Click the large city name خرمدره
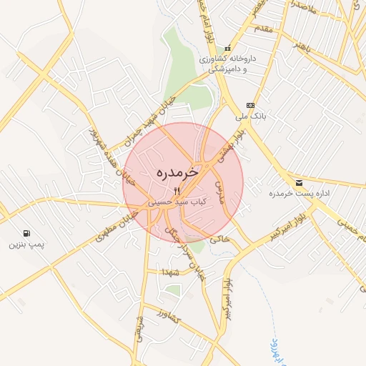[x=178, y=173]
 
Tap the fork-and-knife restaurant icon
[x=178, y=191]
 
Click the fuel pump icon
[x=27, y=233]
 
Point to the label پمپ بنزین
[x=26, y=244]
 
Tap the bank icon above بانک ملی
[x=249, y=105]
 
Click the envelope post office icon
[x=298, y=183]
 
